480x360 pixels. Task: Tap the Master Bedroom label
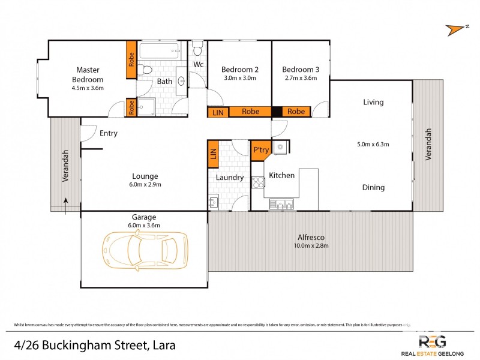pyautogui.click(x=88, y=75)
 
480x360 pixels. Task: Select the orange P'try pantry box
pyautogui.click(x=260, y=150)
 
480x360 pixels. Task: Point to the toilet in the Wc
pyautogui.click(x=197, y=47)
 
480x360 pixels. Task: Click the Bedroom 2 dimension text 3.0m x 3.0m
pyautogui.click(x=239, y=78)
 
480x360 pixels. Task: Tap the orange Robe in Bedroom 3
pyautogui.click(x=295, y=112)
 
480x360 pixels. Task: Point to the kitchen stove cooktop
pyautogui.click(x=258, y=182)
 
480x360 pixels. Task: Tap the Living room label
pyautogui.click(x=373, y=102)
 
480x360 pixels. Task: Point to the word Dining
pyautogui.click(x=373, y=188)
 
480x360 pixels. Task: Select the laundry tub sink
pyautogui.click(x=214, y=202)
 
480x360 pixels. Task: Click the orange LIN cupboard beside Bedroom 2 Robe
pyautogui.click(x=217, y=112)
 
